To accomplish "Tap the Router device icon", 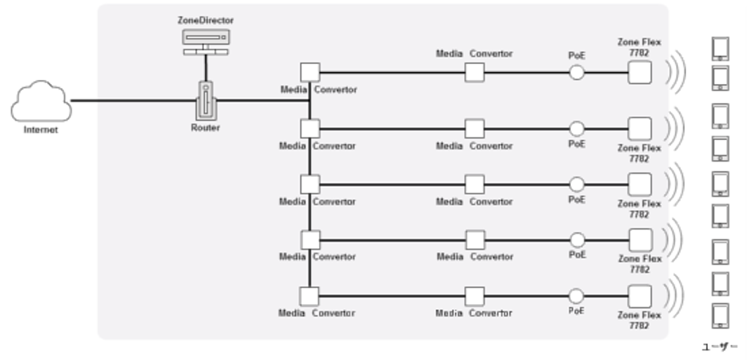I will tap(206, 101).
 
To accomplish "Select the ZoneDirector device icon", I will tap(206, 38).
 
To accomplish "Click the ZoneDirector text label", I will tap(206, 19).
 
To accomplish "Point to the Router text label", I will tap(206, 128).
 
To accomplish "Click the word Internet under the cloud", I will tap(40, 130).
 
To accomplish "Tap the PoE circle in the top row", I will tap(577, 73).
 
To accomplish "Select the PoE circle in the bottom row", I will tap(577, 295).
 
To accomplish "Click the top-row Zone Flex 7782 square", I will tap(639, 73).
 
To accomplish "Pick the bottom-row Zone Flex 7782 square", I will tap(639, 295).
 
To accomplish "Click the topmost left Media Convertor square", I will tap(310, 73).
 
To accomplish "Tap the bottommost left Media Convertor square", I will tap(310, 296).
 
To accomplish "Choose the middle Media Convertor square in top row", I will tap(474, 73).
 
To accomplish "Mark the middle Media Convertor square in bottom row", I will tap(474, 296).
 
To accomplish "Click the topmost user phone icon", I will tap(721, 48).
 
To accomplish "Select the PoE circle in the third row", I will tap(577, 184).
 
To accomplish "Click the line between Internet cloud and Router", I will tap(133, 101).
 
